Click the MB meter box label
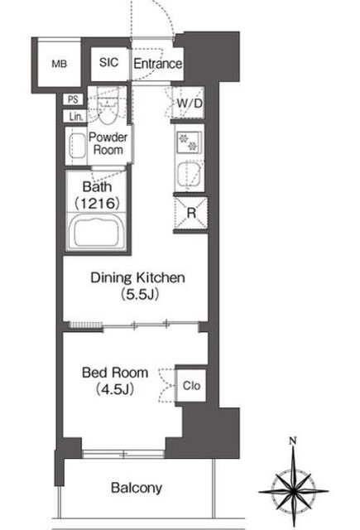tap(59, 64)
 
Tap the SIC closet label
tap(108, 62)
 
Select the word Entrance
tap(157, 64)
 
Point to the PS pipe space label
tap(73, 99)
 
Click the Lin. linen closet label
tap(76, 117)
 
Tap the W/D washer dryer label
tap(190, 103)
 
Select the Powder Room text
tap(108, 143)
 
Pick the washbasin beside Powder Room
tap(77, 146)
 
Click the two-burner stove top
tap(188, 142)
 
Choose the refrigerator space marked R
tap(191, 213)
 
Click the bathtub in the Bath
tap(97, 232)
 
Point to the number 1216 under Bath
tap(97, 203)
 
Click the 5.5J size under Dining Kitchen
tap(140, 295)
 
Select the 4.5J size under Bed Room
tap(115, 389)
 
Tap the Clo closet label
tap(191, 385)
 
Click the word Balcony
tap(137, 488)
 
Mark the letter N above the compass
tap(293, 441)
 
